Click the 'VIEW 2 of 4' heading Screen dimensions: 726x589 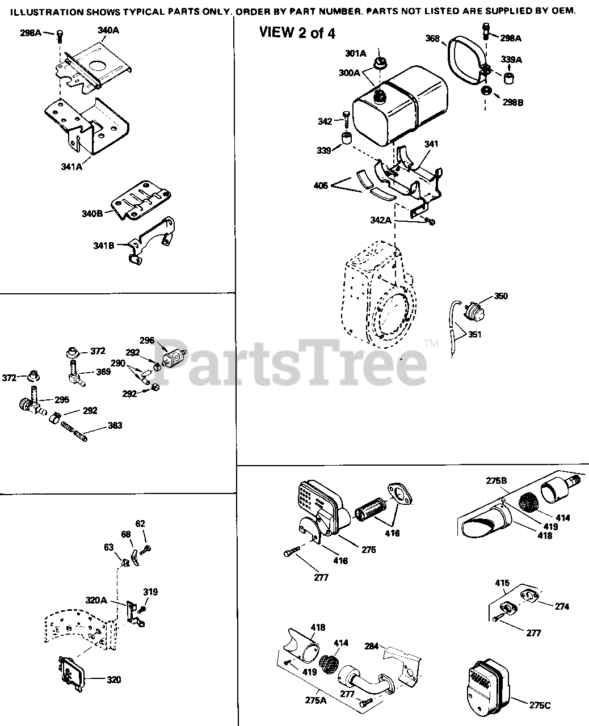[x=297, y=33]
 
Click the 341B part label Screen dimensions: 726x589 [x=103, y=246]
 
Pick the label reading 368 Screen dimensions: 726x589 [x=433, y=39]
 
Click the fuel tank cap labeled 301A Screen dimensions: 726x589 [x=379, y=61]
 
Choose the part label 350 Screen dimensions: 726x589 [x=501, y=296]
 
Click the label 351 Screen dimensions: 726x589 [x=474, y=335]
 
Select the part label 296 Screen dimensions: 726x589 [x=147, y=341]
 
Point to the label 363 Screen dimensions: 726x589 [x=115, y=425]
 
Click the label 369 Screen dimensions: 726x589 [x=103, y=372]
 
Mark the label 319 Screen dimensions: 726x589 [x=150, y=592]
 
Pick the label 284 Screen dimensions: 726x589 [x=372, y=645]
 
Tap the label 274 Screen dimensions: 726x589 [x=562, y=606]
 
